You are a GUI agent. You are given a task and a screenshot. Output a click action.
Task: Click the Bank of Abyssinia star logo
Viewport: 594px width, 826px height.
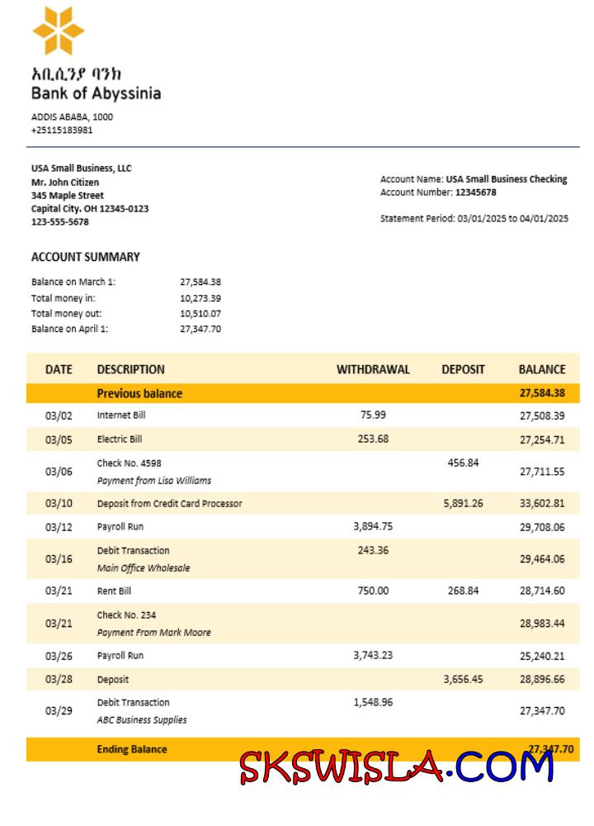coord(58,31)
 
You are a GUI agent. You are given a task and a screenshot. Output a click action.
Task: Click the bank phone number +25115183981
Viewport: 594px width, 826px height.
coord(62,130)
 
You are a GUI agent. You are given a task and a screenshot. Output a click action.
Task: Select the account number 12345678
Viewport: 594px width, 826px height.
coord(476,192)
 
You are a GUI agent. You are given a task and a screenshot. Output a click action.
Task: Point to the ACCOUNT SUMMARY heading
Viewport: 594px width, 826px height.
coord(86,257)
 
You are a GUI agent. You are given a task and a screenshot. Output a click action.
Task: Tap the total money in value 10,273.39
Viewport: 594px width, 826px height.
coord(200,297)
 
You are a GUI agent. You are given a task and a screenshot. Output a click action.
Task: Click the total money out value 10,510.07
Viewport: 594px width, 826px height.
coord(200,313)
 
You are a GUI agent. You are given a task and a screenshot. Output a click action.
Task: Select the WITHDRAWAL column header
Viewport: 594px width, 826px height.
coord(373,369)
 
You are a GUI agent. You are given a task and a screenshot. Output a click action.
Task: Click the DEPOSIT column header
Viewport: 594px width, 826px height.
coord(463,369)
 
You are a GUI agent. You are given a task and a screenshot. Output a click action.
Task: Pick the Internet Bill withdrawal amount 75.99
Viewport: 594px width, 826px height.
coord(373,415)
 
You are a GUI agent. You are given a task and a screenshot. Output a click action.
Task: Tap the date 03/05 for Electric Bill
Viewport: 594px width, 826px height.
coord(59,439)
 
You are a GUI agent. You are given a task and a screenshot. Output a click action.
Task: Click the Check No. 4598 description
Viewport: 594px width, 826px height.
coord(124,463)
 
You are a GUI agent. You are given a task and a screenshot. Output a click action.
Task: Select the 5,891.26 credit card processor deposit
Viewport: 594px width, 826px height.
coord(463,502)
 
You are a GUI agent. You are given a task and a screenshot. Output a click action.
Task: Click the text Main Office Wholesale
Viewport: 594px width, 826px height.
coord(144,567)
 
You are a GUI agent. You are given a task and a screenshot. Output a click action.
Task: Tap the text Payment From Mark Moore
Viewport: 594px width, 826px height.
coord(153,632)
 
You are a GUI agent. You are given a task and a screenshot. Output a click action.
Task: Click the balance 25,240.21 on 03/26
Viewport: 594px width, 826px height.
coord(542,656)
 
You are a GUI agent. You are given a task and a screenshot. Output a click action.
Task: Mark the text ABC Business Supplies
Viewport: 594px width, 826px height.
coord(142,719)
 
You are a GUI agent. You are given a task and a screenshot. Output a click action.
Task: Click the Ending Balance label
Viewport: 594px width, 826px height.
coord(132,749)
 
